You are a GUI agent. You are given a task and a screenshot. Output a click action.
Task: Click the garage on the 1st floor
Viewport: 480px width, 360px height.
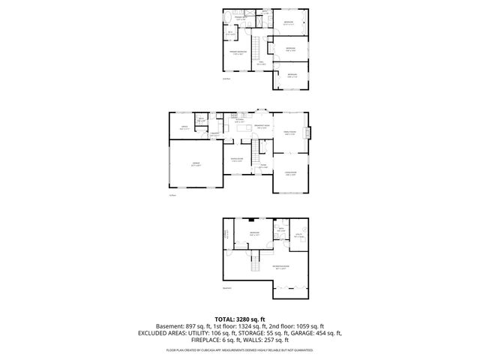195,166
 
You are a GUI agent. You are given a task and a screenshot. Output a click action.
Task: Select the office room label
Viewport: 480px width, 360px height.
183,127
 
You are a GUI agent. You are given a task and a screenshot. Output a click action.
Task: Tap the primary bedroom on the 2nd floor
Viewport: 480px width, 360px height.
238,52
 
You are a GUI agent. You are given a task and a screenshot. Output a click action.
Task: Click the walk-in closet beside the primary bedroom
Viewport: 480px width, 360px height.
232,32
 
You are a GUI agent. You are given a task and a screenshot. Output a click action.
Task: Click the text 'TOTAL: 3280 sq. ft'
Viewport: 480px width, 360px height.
239,319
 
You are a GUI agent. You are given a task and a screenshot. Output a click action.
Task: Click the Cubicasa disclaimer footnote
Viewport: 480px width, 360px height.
239,349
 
